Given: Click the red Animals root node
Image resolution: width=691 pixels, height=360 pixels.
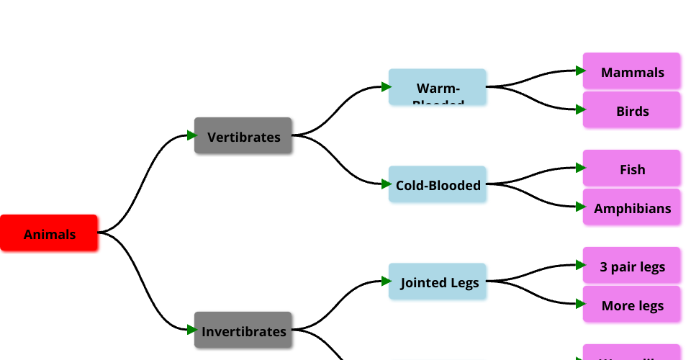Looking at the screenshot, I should click(x=49, y=233).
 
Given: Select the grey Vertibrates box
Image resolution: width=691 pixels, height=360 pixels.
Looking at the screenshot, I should click(x=243, y=136).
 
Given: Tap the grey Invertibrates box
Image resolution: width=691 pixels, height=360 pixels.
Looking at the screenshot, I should click(x=243, y=330).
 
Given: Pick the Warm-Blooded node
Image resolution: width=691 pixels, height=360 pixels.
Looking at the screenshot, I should click(x=438, y=87).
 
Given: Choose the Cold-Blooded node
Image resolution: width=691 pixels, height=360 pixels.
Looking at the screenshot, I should click(x=438, y=184).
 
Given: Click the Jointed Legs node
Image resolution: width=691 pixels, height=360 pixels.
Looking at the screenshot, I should click(x=438, y=282).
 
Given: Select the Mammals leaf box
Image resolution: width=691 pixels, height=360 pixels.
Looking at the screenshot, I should click(x=632, y=71).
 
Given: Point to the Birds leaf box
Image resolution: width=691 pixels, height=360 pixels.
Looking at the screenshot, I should click(x=632, y=110).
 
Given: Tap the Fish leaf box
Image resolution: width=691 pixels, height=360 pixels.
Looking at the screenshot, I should click(x=632, y=168).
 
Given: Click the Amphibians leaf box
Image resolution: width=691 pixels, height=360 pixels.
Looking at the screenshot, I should click(x=632, y=207).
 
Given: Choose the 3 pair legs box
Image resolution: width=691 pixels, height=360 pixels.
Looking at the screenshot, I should click(x=632, y=266).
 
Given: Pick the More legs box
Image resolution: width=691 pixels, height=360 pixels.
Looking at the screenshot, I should click(x=632, y=305).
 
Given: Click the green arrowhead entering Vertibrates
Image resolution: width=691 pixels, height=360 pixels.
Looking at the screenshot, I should click(x=191, y=135).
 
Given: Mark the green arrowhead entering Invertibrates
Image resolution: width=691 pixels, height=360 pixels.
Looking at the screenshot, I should click(x=191, y=330).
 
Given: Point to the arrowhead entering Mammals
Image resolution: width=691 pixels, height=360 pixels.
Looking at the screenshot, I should click(x=580, y=71).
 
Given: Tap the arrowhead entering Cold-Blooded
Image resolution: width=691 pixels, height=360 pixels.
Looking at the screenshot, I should click(x=386, y=184).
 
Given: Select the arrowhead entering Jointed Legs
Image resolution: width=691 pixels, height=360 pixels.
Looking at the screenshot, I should click(x=386, y=281).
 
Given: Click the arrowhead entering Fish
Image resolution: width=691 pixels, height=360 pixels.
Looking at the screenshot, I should click(x=580, y=168).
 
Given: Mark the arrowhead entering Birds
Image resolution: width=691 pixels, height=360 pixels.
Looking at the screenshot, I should click(x=580, y=109).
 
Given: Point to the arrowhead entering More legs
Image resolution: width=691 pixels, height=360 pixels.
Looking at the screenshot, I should click(x=580, y=304).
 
